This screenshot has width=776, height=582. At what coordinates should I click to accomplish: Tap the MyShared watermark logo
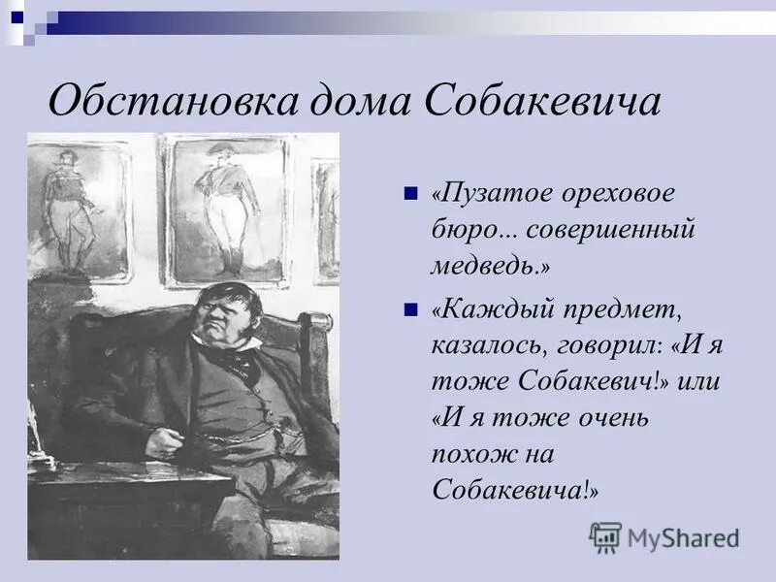tap(665, 536)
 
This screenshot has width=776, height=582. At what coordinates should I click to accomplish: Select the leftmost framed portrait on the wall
tap(78, 209)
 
